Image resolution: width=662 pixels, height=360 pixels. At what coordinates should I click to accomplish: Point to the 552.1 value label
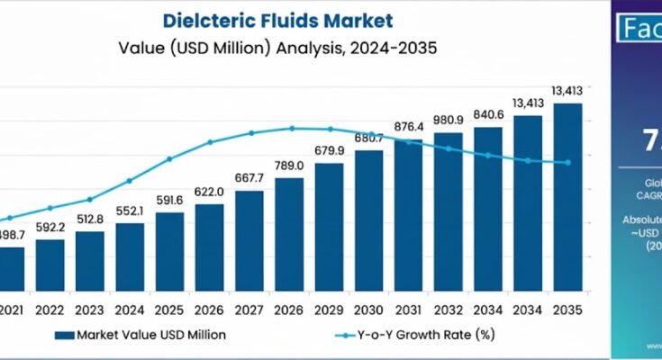point(129,210)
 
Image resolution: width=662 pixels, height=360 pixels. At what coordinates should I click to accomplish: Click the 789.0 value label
point(289,165)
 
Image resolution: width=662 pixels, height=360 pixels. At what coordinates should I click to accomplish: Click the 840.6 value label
point(487,113)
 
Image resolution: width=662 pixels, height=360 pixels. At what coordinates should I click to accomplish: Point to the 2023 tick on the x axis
point(89,310)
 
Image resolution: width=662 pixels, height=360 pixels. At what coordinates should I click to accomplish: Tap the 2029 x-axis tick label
point(329,310)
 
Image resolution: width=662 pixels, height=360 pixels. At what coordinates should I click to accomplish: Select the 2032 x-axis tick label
point(448,310)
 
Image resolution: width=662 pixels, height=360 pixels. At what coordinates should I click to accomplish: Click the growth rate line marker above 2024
point(129,181)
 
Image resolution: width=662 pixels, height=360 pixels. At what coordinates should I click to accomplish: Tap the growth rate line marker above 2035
point(567,163)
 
